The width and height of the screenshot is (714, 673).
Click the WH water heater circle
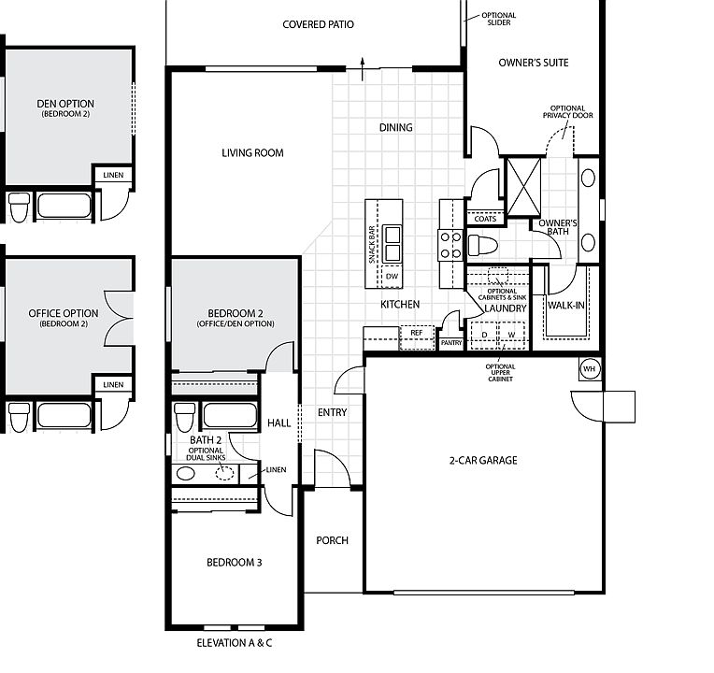tap(590, 369)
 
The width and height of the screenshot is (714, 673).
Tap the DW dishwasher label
tap(392, 276)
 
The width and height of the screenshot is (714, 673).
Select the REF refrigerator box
tap(417, 337)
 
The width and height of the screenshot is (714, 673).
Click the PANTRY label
tap(451, 343)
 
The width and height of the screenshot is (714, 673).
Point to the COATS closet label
tap(485, 219)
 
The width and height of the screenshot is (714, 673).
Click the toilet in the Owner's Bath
tap(482, 245)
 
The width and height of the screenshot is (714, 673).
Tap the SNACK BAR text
tap(372, 245)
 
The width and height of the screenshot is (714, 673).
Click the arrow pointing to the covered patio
tap(363, 69)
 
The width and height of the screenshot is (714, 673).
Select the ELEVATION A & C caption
tap(234, 643)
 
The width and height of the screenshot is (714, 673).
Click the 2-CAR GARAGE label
tap(483, 461)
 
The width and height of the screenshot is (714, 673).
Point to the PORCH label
tap(332, 540)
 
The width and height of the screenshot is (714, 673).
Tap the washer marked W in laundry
tap(512, 336)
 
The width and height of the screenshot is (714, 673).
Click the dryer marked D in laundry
tap(484, 336)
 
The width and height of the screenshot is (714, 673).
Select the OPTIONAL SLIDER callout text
tap(499, 19)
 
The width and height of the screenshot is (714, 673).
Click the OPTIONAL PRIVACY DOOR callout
tap(568, 112)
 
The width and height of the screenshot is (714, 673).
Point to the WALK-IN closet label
tap(566, 305)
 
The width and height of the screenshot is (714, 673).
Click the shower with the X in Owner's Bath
tap(523, 186)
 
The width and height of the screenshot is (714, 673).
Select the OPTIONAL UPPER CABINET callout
tap(500, 372)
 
